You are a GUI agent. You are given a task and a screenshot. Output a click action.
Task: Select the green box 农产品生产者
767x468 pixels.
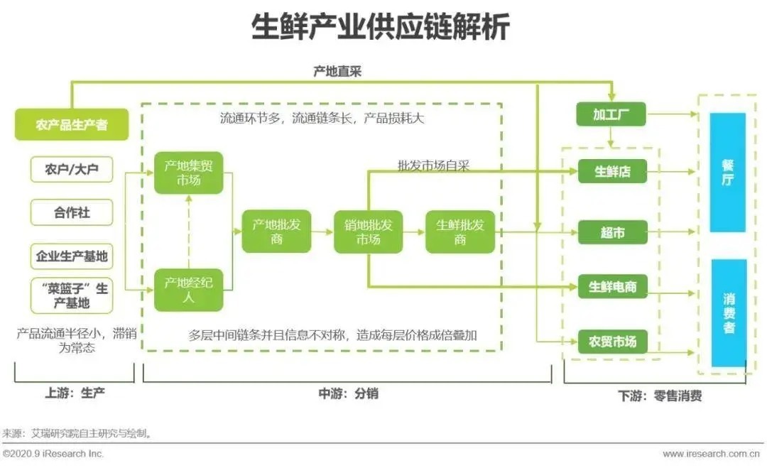pos(72,125)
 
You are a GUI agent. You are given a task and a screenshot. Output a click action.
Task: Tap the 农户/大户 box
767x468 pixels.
pos(72,170)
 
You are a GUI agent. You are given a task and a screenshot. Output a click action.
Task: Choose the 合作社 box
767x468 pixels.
pos(72,212)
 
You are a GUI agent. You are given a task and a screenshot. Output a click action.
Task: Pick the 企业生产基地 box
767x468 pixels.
pos(72,256)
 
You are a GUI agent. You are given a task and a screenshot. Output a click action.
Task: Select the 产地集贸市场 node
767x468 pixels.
pos(189,173)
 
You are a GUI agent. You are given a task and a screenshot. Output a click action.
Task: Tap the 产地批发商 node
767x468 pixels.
pos(276,232)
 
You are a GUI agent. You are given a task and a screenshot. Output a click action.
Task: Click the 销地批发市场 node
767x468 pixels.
pos(368,232)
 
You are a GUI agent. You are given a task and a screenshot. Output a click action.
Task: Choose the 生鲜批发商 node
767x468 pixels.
pos(459,232)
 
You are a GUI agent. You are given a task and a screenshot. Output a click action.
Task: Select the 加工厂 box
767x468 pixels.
pos(610,114)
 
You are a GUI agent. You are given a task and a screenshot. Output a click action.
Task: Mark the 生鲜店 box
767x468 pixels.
pos(612,172)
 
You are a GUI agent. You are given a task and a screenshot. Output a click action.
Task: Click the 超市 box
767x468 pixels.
pos(612,232)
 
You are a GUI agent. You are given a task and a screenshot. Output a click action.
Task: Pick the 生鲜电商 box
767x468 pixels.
pos(612,287)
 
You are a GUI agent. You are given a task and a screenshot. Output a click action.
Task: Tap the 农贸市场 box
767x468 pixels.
pos(612,342)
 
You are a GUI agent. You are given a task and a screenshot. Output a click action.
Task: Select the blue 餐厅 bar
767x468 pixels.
pos(728,173)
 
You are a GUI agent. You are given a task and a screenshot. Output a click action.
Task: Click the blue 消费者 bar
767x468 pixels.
pos(728,312)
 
